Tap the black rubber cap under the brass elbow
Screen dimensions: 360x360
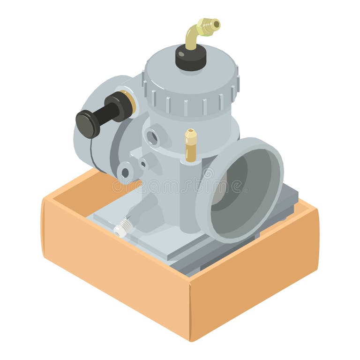pos(191,58)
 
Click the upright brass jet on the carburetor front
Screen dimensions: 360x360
pos(190,145)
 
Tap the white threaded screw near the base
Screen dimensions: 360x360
pos(121,228)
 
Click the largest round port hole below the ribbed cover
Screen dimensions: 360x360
pos(152,137)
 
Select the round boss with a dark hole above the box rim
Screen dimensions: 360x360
pos(125,172)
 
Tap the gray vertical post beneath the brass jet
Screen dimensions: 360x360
pos(190,197)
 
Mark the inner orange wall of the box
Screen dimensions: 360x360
pos(80,192)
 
